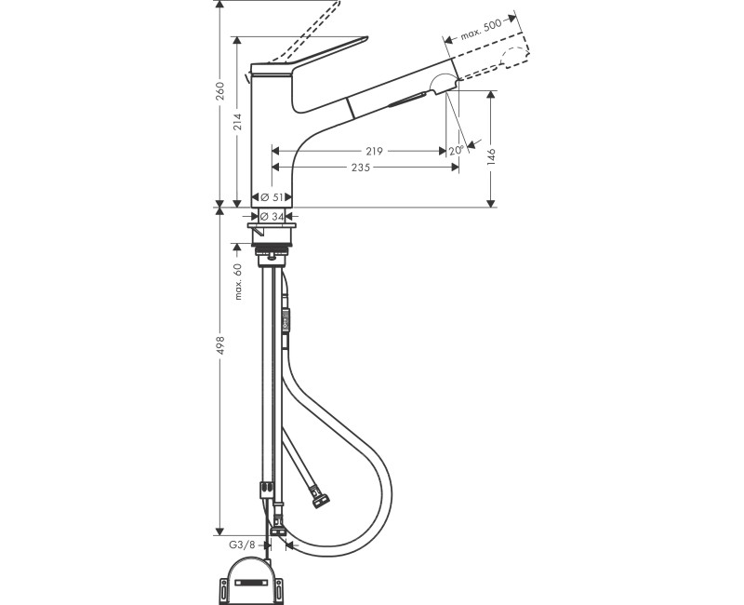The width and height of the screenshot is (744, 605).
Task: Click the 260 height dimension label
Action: (220, 91)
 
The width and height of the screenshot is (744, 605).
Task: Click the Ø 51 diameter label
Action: (272, 197)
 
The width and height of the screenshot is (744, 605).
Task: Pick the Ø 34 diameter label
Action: (272, 216)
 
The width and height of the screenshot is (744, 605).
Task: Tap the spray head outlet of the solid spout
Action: (445, 82)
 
